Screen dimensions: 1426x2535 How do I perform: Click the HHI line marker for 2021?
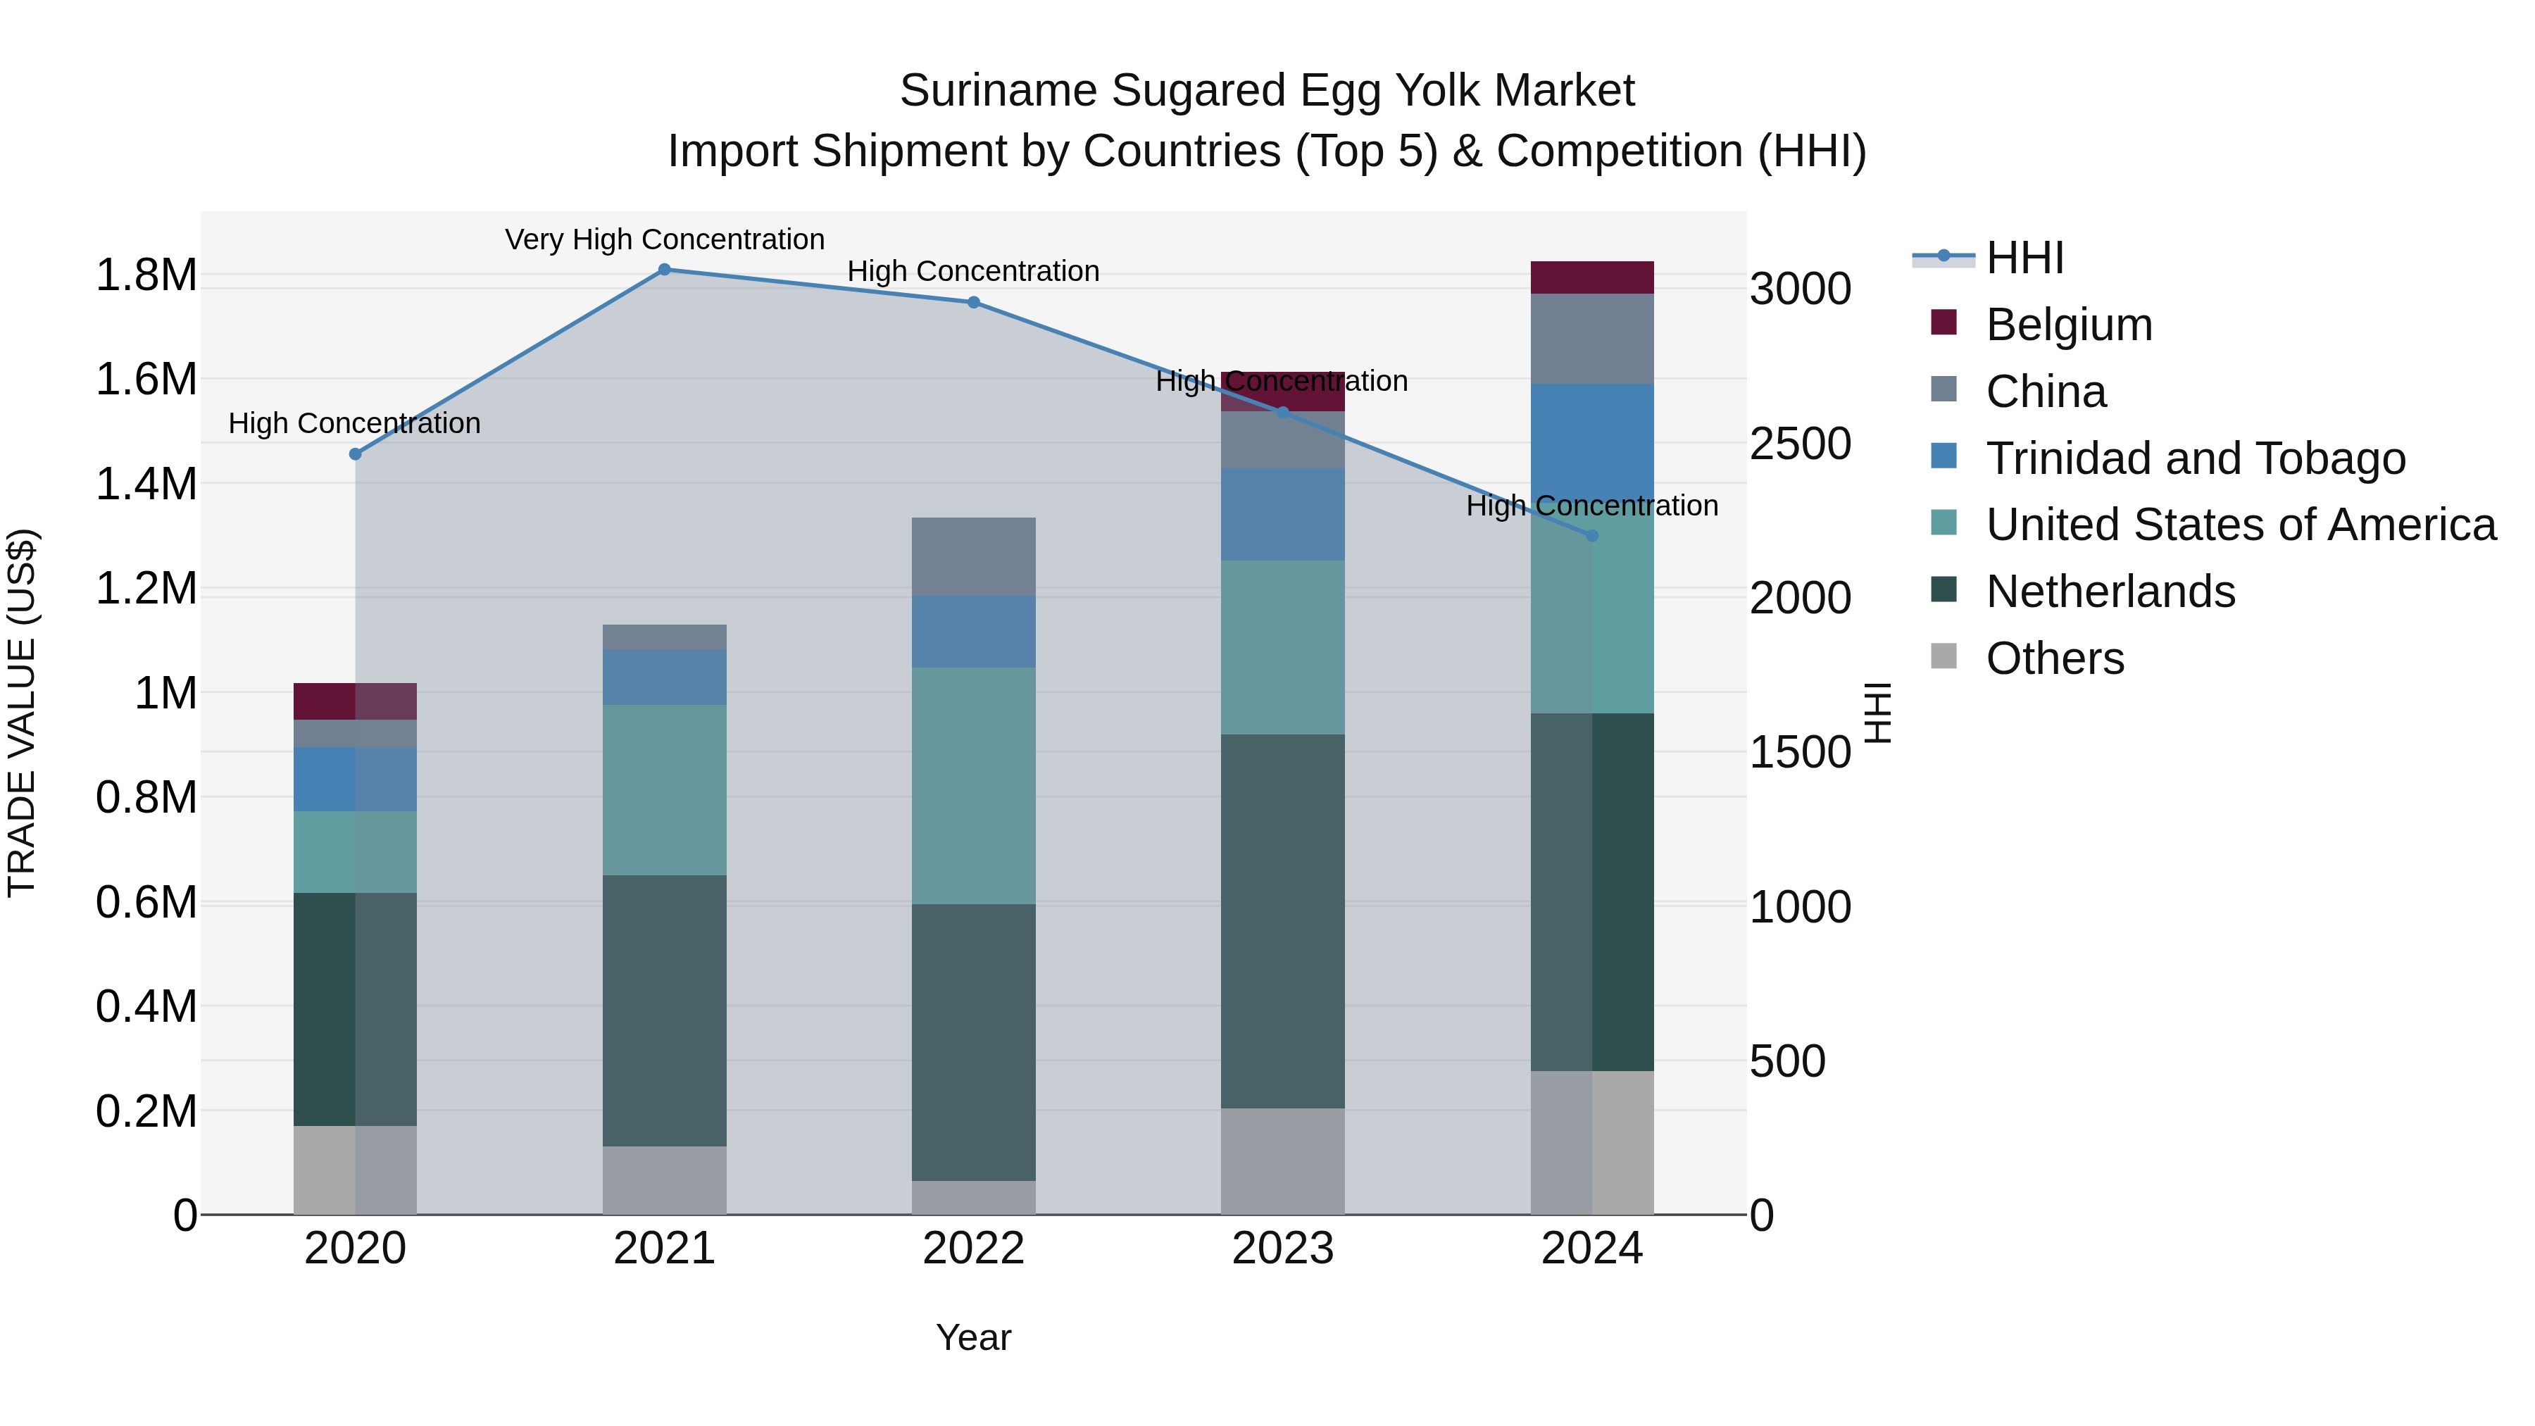664,270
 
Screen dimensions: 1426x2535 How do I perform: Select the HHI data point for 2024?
1592,535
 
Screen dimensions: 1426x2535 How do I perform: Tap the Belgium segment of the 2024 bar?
1592,277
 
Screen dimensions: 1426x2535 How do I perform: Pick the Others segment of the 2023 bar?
1282,1161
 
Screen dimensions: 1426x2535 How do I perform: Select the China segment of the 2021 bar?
664,637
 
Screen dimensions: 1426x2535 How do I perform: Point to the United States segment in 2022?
973,785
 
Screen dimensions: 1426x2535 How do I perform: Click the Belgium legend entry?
2069,325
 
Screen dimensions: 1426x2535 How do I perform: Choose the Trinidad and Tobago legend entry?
2194,458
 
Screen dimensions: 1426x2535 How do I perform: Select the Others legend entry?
2055,658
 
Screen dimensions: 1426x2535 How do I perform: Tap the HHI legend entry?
2024,258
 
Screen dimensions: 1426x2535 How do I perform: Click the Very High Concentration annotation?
664,239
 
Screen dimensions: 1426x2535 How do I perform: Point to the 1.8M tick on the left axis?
146,275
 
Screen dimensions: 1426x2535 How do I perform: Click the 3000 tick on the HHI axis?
1800,289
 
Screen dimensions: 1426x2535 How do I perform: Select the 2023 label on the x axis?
1282,1249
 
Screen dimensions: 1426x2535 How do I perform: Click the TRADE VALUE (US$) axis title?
22,713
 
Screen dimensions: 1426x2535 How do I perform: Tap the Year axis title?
973,1337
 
